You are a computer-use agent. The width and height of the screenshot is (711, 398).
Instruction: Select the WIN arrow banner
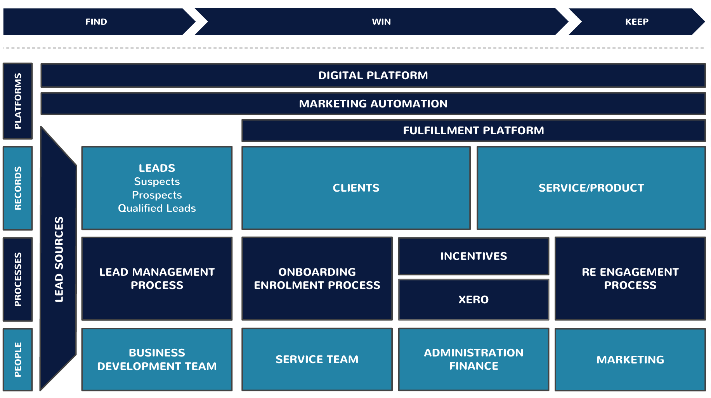[382, 22]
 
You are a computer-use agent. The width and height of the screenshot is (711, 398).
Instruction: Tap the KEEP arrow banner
[637, 22]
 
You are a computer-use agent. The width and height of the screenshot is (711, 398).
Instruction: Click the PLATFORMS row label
[18, 101]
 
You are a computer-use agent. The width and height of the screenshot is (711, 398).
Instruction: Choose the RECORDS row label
[18, 188]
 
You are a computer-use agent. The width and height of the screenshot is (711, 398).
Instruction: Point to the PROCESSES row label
[18, 279]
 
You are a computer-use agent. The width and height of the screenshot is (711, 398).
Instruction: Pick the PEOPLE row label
[18, 359]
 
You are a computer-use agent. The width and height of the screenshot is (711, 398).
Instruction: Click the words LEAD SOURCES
[59, 259]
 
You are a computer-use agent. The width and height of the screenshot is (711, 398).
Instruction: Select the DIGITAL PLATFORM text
[373, 75]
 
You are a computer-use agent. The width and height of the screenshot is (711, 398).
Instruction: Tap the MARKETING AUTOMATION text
[373, 104]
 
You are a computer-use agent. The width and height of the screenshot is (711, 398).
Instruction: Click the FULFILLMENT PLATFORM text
[473, 130]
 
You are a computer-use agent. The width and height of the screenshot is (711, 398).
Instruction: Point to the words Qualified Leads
[157, 208]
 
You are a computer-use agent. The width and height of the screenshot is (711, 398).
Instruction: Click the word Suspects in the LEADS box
[157, 182]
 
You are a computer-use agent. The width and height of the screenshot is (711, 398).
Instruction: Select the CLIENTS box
[356, 188]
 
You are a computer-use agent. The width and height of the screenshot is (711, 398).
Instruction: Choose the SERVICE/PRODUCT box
[591, 188]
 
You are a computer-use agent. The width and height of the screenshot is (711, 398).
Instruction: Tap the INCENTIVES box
[473, 256]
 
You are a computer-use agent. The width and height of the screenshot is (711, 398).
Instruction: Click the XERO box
[473, 299]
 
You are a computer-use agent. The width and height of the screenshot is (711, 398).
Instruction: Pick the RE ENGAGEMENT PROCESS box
[630, 279]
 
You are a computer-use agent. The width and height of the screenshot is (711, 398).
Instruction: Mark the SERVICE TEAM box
[317, 359]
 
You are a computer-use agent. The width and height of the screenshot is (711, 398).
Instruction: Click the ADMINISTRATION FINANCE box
[473, 359]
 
